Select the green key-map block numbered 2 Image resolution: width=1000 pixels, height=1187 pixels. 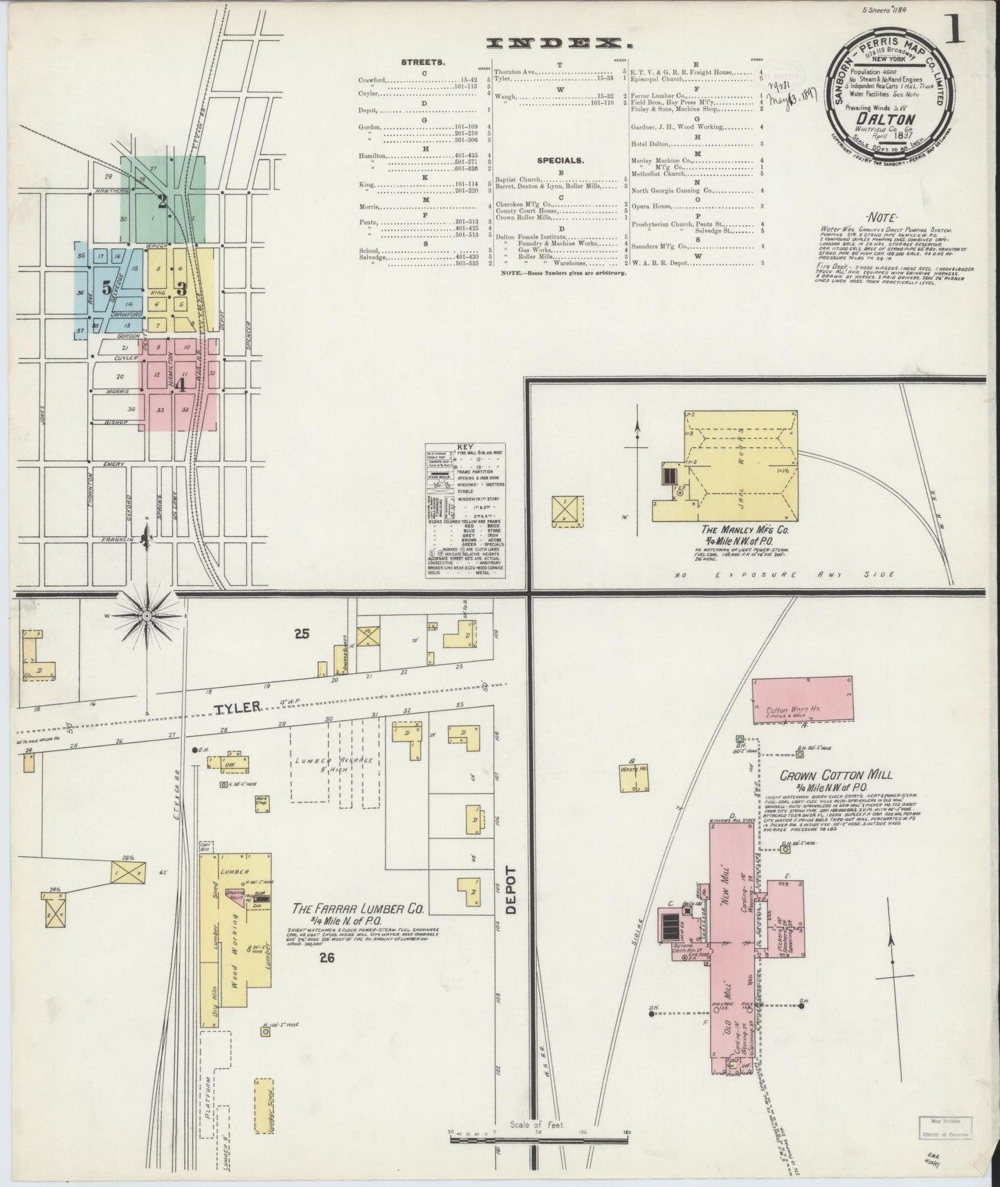click(x=163, y=202)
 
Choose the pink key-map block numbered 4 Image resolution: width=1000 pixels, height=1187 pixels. click(x=181, y=384)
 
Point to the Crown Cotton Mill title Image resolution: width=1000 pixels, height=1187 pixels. click(x=836, y=776)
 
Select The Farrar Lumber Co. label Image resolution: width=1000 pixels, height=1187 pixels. click(x=357, y=909)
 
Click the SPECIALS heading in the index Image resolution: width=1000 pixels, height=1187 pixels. click(x=561, y=161)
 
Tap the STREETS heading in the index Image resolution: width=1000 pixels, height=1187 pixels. click(x=423, y=62)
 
